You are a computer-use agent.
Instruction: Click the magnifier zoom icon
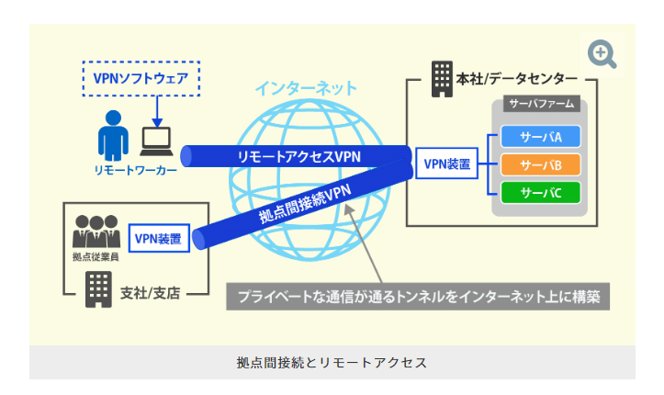point(602,54)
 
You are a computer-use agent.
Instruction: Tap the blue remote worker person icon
point(112,135)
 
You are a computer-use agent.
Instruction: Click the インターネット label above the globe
point(306,89)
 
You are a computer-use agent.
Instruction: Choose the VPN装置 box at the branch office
point(157,240)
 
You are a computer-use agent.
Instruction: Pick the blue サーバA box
point(542,138)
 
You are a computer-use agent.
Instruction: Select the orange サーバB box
point(542,165)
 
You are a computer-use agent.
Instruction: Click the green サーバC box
point(542,192)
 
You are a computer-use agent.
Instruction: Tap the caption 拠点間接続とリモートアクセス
point(332,362)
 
